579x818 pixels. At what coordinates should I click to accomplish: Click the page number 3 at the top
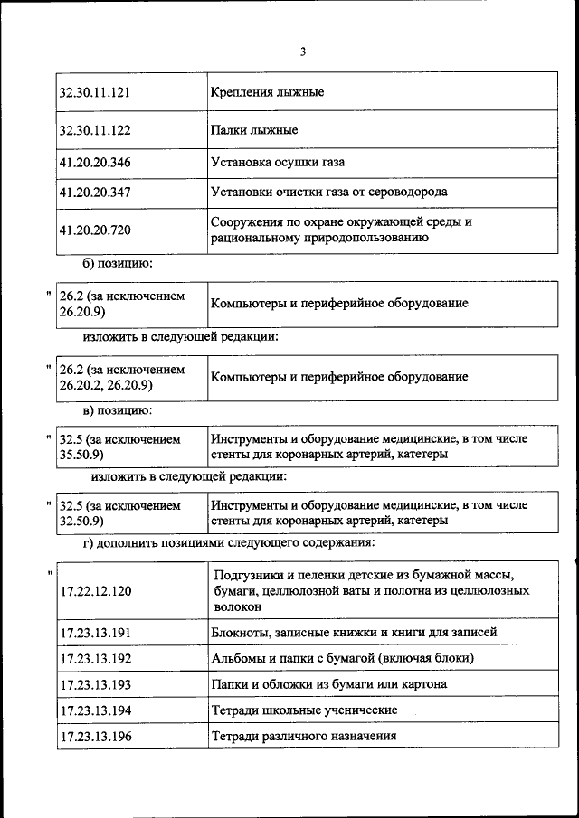coord(303,52)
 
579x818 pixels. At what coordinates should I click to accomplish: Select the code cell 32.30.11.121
coord(95,92)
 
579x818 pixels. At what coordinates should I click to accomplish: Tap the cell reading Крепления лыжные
coord(267,92)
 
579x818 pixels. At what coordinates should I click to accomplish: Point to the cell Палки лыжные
coord(254,130)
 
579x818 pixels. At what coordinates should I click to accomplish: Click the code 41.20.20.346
coord(95,163)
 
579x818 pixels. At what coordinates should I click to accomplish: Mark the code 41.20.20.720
coord(95,230)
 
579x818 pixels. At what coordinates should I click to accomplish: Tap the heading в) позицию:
coord(118,411)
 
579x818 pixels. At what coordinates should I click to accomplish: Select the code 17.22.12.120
coord(95,591)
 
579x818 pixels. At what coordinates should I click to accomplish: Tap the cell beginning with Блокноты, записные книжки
coord(354,632)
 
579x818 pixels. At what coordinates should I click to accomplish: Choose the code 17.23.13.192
coord(95,658)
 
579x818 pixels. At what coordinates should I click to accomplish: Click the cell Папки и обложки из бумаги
coord(328,684)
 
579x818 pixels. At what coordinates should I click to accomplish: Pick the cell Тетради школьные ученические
coord(304,710)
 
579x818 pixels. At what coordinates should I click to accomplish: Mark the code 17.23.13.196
coord(95,737)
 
